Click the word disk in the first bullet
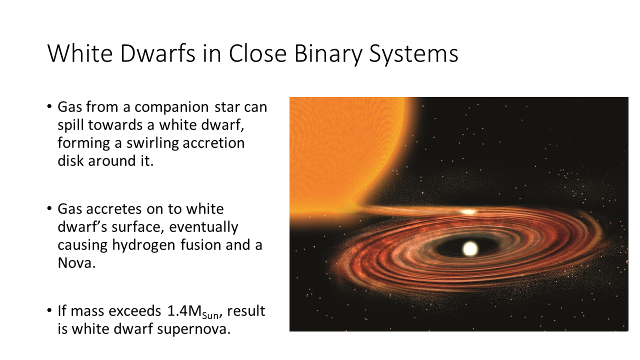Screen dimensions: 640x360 pos(71,160)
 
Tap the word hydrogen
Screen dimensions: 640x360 pos(143,245)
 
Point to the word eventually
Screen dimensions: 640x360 pos(203,227)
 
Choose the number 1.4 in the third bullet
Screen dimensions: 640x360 pos(177,311)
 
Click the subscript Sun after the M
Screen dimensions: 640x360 pos(210,315)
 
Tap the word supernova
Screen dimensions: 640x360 pos(193,329)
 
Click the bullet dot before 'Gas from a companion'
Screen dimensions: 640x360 pos(49,106)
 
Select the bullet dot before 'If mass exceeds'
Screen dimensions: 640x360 pos(49,310)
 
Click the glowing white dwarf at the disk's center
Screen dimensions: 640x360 pos(469,248)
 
